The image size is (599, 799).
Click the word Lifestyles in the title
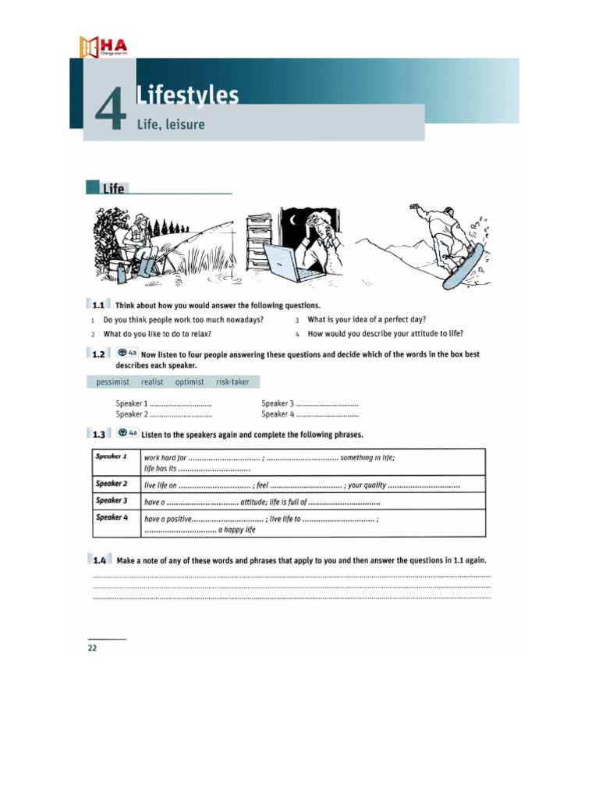187,95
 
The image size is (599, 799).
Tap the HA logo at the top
102,46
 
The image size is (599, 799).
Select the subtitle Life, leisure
171,124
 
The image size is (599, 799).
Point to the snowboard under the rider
463,266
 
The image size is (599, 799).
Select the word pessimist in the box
113,382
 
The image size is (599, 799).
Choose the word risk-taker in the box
232,382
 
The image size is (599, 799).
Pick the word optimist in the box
190,382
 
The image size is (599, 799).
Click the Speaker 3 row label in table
112,500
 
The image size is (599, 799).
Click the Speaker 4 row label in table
112,517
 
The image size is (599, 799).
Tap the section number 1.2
98,354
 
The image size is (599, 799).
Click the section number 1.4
99,560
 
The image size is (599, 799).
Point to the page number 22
92,648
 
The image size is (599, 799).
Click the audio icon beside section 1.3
127,433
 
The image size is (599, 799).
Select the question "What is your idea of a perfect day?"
367,320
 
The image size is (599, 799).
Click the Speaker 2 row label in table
112,484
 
